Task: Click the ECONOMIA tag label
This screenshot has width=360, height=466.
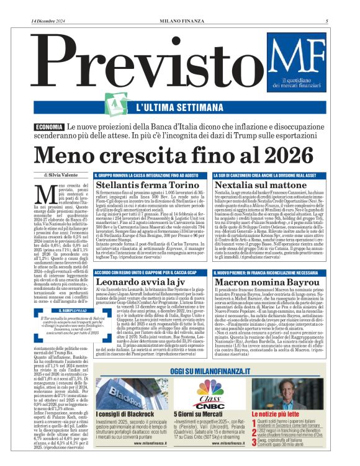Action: [x=48, y=127]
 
